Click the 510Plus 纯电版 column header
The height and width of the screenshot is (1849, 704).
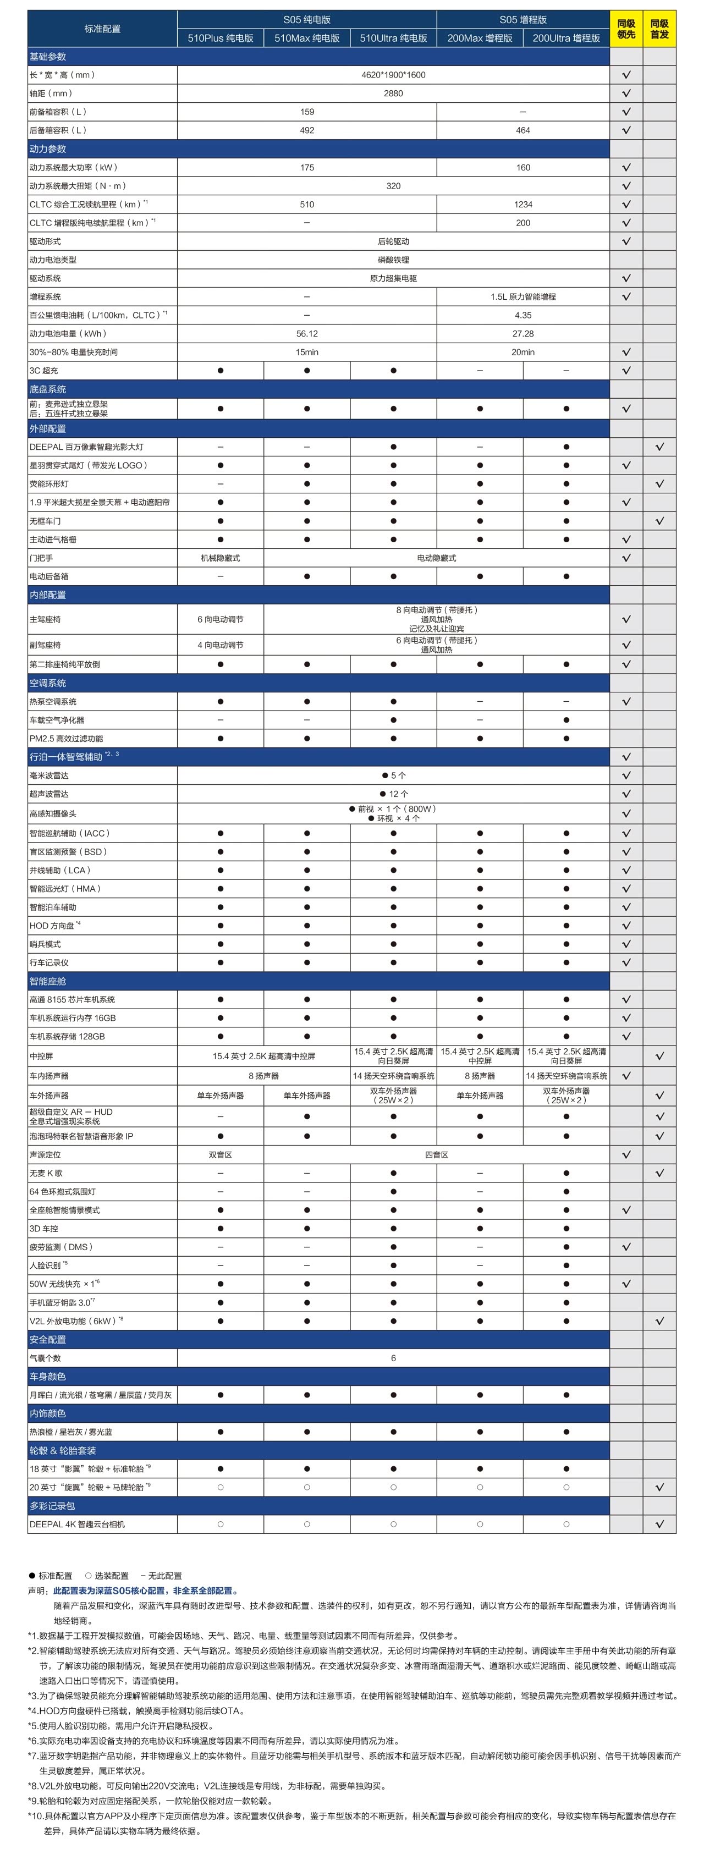pos(221,38)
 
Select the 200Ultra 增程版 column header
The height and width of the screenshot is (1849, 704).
pos(565,38)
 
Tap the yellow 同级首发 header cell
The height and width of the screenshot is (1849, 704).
pos(659,29)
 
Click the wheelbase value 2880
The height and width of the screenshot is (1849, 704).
pos(393,93)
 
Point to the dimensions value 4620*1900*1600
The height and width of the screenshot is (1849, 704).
pos(393,75)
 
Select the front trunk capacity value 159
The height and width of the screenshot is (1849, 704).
pos(306,112)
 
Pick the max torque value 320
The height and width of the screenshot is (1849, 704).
pos(393,186)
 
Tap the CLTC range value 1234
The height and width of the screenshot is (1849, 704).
pos(522,205)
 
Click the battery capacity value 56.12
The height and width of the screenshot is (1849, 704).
pos(306,334)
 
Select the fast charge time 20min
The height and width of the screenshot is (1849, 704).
pos(522,353)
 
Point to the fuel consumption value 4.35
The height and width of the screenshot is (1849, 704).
pos(522,315)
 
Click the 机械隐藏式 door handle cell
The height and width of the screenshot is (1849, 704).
pos(221,558)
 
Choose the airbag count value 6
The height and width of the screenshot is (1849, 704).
pos(393,1358)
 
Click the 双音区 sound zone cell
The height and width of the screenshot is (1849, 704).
pos(221,1155)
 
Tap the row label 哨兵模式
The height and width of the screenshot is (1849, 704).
pos(45,944)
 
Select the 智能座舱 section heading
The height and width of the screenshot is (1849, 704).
pos(47,981)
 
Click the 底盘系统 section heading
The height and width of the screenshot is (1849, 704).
pos(47,389)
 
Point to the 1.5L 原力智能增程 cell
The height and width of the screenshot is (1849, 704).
pos(522,296)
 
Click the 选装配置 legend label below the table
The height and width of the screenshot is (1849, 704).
pos(111,1576)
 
